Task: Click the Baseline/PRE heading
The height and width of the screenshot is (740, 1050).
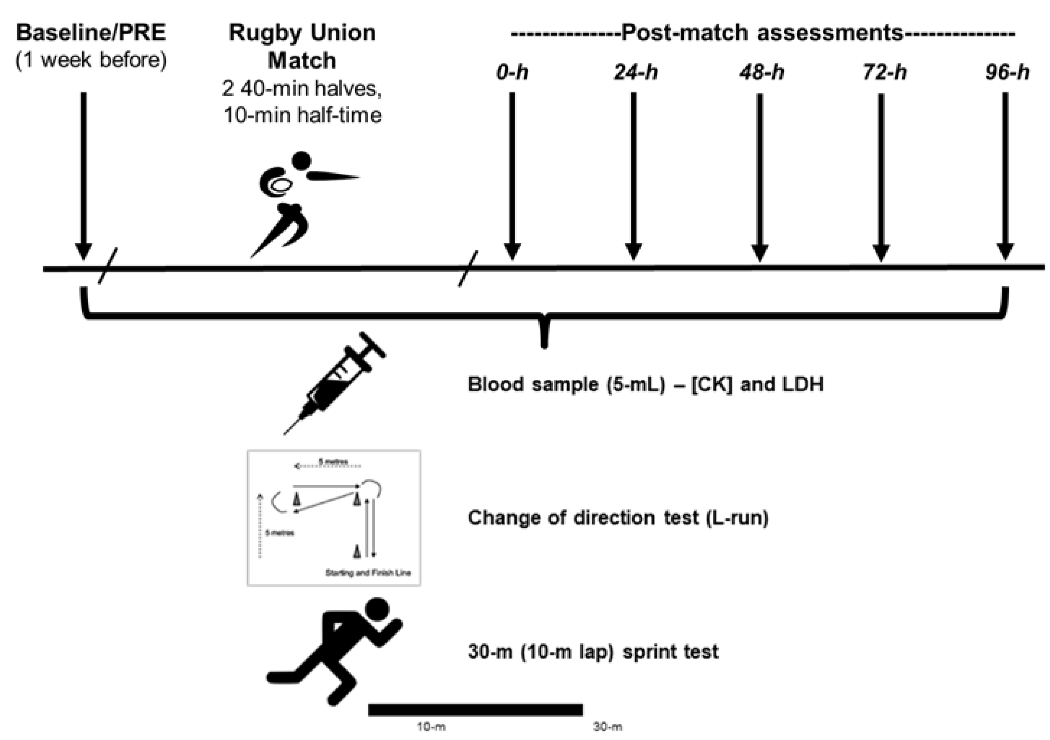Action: coord(91,33)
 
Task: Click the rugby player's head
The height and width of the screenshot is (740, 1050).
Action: coord(301,160)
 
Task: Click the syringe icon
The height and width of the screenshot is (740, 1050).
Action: coord(338,382)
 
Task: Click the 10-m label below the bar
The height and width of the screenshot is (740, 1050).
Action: coord(431,727)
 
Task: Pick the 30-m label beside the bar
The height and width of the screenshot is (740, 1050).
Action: coord(607,727)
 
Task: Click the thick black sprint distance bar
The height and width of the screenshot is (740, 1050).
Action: coord(475,709)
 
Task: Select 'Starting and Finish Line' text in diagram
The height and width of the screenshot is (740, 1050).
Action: coord(368,573)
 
